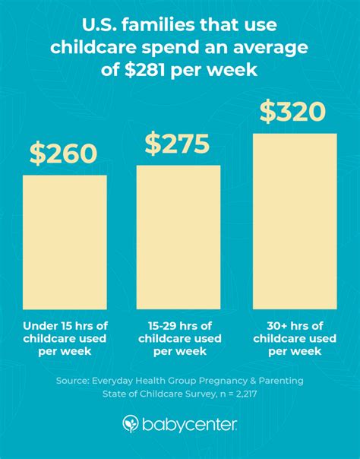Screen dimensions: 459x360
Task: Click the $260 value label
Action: pos(64,154)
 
